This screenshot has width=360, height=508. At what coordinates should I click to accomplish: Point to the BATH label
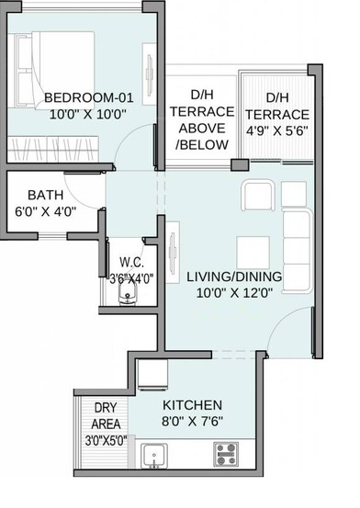[x=45, y=195]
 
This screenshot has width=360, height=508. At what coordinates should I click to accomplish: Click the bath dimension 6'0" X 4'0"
[x=44, y=210]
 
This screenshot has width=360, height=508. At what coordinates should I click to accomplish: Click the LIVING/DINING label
[x=234, y=277]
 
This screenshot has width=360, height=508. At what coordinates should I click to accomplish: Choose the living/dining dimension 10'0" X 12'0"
[x=234, y=294]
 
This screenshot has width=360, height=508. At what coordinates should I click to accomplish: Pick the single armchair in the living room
[x=255, y=196]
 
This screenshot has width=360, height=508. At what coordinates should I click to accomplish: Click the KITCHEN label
[x=192, y=404]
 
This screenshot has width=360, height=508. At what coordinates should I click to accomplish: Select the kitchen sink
[x=153, y=454]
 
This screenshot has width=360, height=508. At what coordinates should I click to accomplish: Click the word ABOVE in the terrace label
[x=201, y=129]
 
